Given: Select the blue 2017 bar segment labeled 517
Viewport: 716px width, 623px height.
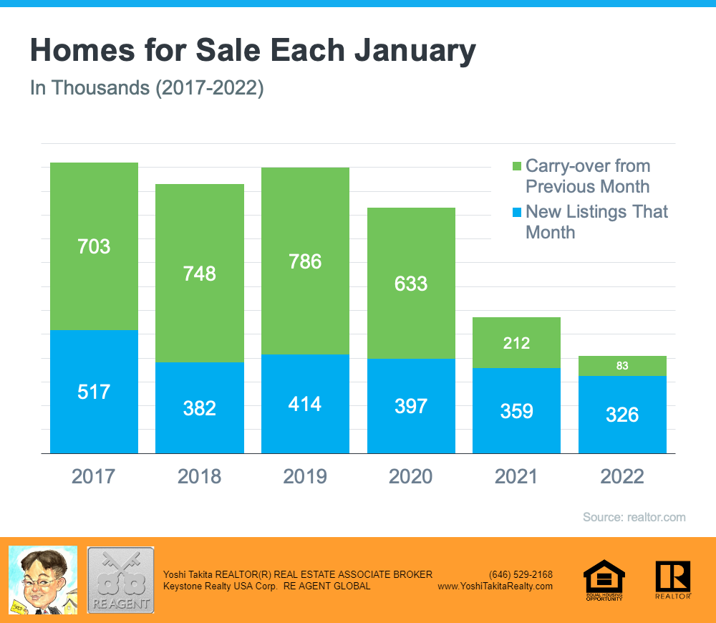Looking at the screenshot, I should (x=94, y=392).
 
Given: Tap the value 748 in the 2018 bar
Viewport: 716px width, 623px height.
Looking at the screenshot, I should (x=200, y=274).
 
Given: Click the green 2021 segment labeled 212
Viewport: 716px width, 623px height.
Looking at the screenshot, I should (x=516, y=343).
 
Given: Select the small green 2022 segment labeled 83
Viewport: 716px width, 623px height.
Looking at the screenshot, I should (x=622, y=366).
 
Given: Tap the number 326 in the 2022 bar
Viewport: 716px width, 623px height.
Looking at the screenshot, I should (x=622, y=415).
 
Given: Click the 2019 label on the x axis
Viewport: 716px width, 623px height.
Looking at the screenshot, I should (x=305, y=476).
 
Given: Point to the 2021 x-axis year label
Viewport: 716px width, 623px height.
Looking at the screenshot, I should (x=516, y=476).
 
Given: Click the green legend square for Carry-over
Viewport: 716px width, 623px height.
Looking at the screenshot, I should (x=517, y=167).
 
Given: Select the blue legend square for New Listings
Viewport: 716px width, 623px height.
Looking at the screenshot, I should (x=517, y=213).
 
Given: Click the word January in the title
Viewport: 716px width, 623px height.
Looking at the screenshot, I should (x=405, y=52).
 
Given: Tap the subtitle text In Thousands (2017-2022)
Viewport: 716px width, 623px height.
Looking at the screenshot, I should (x=147, y=89).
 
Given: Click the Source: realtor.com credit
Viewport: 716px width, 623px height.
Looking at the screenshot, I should (x=634, y=517).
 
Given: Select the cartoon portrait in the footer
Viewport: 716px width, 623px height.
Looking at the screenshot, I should (x=42, y=579).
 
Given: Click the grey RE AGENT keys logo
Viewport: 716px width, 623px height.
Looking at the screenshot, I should (x=120, y=579).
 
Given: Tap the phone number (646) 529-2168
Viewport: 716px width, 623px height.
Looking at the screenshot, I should (x=521, y=574).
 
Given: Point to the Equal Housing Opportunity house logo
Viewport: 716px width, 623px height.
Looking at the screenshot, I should (x=604, y=579).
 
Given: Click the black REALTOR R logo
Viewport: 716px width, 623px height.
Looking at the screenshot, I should (x=673, y=579).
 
